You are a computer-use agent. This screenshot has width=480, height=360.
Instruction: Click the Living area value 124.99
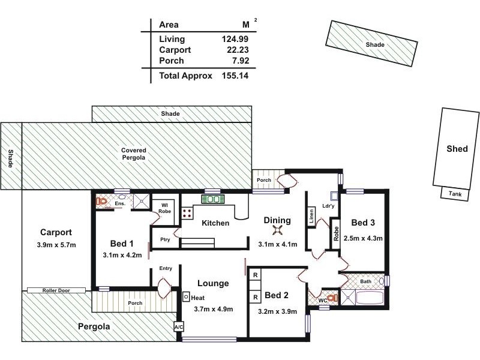pyautogui.click(x=235, y=39)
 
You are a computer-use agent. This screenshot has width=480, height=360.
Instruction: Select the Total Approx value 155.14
pyautogui.click(x=235, y=76)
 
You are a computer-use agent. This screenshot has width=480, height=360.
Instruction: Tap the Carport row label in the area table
pyautogui.click(x=175, y=50)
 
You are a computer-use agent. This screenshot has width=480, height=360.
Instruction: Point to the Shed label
pyautogui.click(x=457, y=149)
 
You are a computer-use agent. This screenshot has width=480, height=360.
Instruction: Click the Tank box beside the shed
pyautogui.click(x=455, y=193)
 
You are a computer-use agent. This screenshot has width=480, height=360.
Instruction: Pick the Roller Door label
pyautogui.click(x=56, y=290)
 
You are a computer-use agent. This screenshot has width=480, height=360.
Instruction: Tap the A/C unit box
pyautogui.click(x=178, y=327)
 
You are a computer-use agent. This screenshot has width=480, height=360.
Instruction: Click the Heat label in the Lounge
pyautogui.click(x=198, y=297)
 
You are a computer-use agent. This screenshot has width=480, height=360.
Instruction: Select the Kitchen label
pyautogui.click(x=215, y=223)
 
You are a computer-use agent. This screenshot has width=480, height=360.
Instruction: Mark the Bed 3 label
pyautogui.click(x=363, y=223)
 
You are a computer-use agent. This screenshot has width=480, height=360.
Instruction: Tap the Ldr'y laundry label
pyautogui.click(x=328, y=206)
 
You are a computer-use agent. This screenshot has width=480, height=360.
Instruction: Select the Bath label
pyautogui.click(x=365, y=281)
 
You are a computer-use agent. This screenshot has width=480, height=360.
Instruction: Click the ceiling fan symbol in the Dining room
pyautogui.click(x=277, y=230)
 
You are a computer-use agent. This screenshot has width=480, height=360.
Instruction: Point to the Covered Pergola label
pyautogui.click(x=134, y=154)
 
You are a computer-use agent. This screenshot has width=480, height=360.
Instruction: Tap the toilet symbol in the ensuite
pyautogui.click(x=101, y=202)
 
